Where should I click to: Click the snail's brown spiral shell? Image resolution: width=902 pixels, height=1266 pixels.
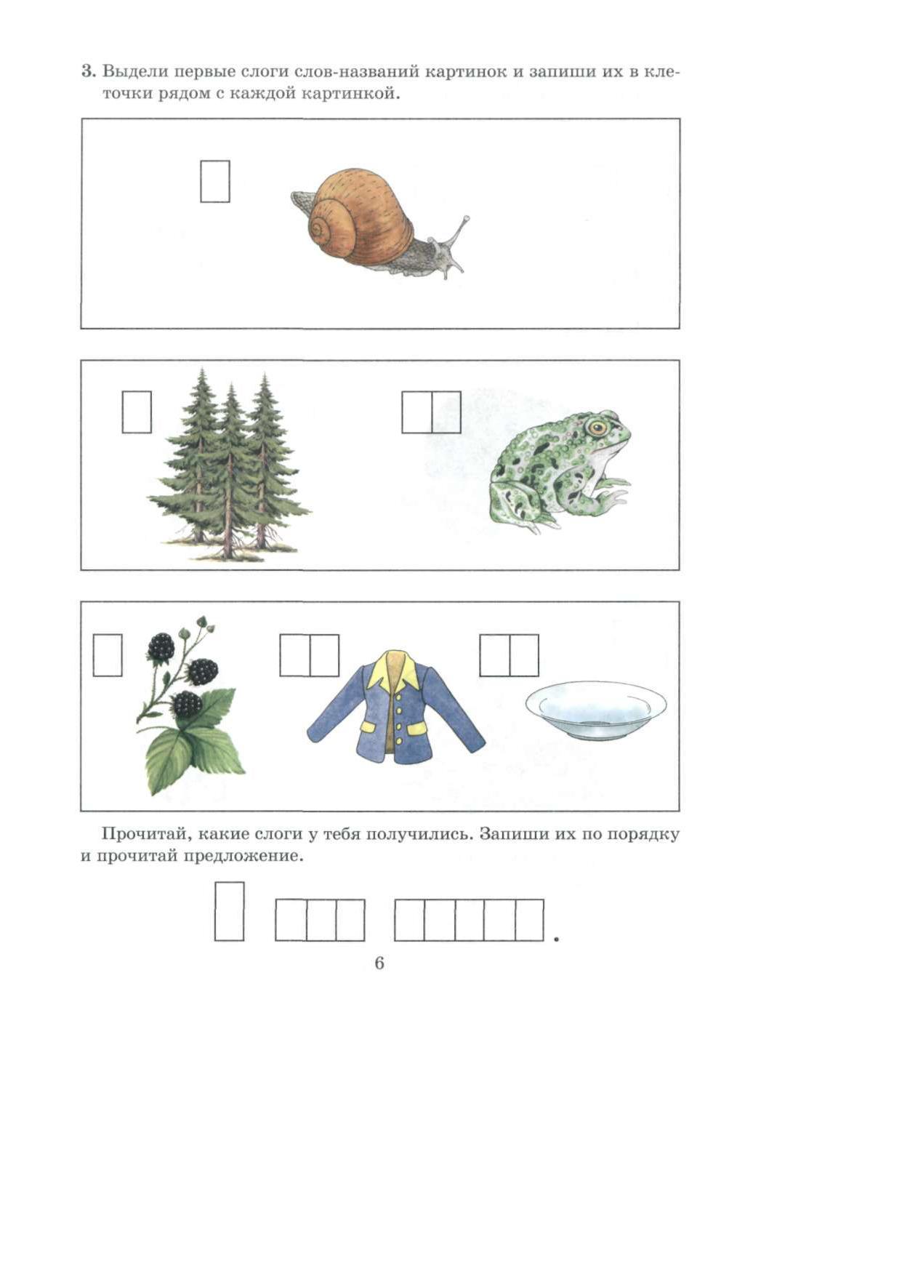pyautogui.click(x=359, y=215)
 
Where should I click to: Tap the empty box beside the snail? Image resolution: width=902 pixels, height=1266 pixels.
pyautogui.click(x=215, y=182)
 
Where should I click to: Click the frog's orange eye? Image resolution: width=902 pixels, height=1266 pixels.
pyautogui.click(x=597, y=427)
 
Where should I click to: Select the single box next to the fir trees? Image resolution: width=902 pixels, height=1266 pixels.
pyautogui.click(x=137, y=412)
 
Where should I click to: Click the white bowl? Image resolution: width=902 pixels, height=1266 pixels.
pyautogui.click(x=596, y=710)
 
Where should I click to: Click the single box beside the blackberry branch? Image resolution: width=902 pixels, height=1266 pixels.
pyautogui.click(x=108, y=655)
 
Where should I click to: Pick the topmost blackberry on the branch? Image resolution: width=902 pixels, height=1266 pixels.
pyautogui.click(x=161, y=646)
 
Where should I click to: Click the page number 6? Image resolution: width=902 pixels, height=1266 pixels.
pyautogui.click(x=379, y=963)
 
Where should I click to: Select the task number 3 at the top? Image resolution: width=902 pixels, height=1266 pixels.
pyautogui.click(x=88, y=71)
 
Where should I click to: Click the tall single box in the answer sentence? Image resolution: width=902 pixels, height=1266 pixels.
pyautogui.click(x=229, y=912)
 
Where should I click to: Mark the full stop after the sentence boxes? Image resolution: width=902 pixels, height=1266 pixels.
pyautogui.click(x=556, y=940)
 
